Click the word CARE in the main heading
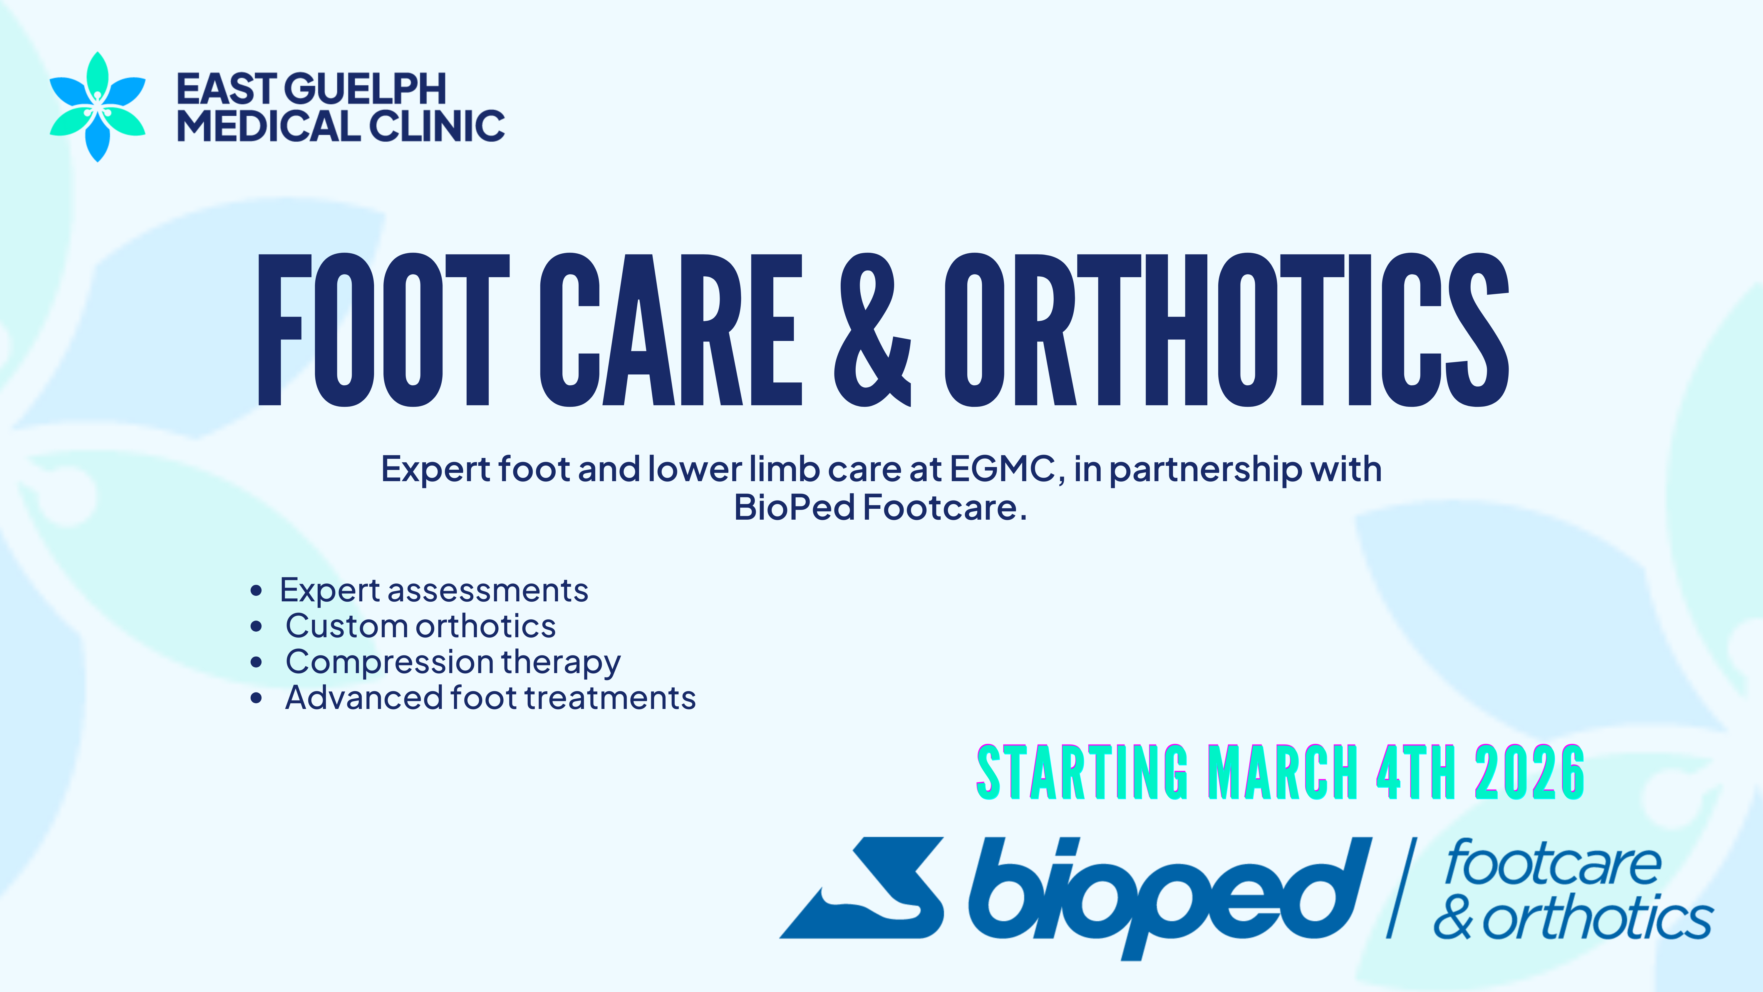671,330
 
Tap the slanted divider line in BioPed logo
1400,887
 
